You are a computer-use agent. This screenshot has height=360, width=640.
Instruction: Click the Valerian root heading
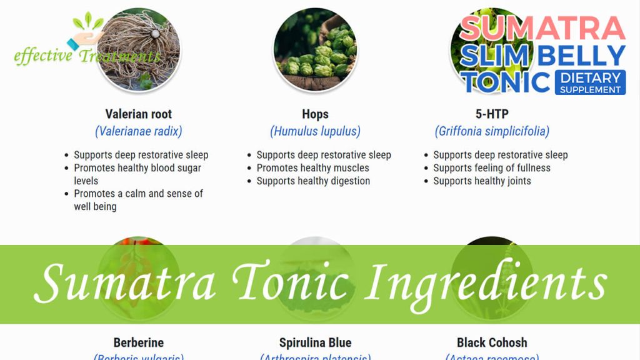tap(138, 114)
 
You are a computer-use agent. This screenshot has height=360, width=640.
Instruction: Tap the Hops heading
tap(315, 114)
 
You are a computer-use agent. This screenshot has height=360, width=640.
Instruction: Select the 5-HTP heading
tap(492, 114)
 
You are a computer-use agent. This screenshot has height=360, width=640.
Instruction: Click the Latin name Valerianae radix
tap(138, 131)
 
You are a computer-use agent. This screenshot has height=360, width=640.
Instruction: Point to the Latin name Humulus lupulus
tap(315, 131)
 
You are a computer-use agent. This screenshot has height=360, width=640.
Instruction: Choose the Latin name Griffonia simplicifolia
tap(492, 131)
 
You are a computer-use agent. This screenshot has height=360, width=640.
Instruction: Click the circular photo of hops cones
tap(315, 50)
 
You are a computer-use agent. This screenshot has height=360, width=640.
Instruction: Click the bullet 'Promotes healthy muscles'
tap(312, 168)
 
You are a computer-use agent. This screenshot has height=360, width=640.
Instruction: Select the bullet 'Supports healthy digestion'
tap(313, 181)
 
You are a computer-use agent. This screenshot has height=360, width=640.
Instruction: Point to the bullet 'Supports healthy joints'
tap(482, 181)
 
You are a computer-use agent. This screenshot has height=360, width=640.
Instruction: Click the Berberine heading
tap(138, 342)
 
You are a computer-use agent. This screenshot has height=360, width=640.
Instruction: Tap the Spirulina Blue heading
tap(315, 342)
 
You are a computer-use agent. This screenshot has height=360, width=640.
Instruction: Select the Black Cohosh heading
tap(492, 342)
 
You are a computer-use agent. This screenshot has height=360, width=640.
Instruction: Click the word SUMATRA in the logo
tap(542, 29)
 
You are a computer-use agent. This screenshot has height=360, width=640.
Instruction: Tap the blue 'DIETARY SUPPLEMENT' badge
tap(590, 83)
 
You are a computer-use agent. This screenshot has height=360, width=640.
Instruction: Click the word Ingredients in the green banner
tap(486, 283)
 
